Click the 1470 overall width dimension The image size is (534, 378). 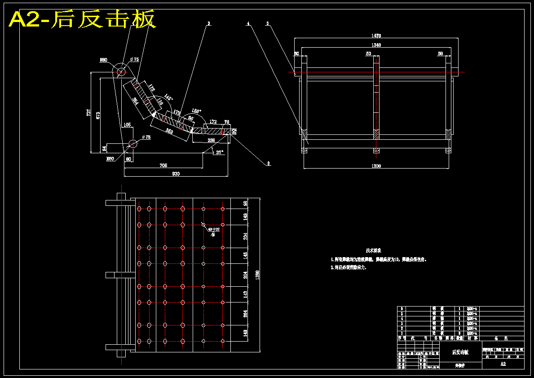pos(376,36)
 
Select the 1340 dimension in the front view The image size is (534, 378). pos(376,45)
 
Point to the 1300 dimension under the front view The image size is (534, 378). pos(376,166)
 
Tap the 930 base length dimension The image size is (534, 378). pos(176,174)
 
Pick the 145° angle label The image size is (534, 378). pos(168,97)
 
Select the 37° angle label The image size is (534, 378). pos(220,152)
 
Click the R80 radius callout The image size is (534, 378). pos(103,60)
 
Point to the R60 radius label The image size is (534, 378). pos(110,159)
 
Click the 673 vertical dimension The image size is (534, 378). pos(97,115)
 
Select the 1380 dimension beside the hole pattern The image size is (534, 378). pos(257,274)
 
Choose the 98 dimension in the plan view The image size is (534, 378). pos(245,203)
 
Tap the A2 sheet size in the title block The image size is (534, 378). pos(503,364)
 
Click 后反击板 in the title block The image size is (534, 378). pos(460,352)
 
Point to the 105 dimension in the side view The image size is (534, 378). pos(127,125)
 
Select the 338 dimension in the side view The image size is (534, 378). pos(211,141)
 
